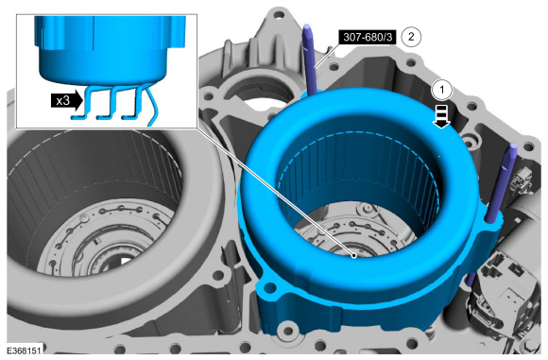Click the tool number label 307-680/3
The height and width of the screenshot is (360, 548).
pyautogui.click(x=368, y=37)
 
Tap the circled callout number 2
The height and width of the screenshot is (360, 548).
pyautogui.click(x=411, y=36)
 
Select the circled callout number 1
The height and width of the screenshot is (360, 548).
pyautogui.click(x=442, y=90)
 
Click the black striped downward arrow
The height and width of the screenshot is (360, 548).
pyautogui.click(x=441, y=117)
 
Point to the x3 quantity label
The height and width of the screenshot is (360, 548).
pyautogui.click(x=66, y=101)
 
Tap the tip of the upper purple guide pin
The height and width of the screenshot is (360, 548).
pyautogui.click(x=307, y=26)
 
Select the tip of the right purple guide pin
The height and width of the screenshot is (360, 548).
pyautogui.click(x=513, y=145)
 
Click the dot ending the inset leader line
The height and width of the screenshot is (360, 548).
pyautogui.click(x=354, y=256)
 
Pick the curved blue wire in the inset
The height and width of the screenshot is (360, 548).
pyautogui.click(x=152, y=104)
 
